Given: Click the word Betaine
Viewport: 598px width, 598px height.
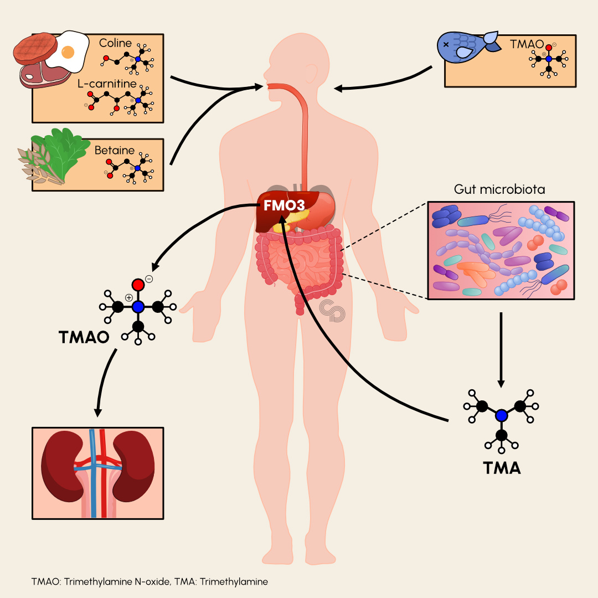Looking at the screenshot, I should (x=115, y=149).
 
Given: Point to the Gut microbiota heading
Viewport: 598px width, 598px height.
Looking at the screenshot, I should (x=499, y=189).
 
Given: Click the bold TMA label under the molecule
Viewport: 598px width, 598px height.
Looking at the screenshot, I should (x=502, y=468).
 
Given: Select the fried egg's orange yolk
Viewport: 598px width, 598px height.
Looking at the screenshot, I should (x=68, y=52).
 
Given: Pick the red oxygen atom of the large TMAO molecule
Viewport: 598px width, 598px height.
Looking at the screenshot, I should (x=138, y=285).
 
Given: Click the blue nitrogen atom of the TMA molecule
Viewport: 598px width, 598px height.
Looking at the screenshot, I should (x=502, y=415).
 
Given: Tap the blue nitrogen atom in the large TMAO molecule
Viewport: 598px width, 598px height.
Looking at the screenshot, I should (x=138, y=306).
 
